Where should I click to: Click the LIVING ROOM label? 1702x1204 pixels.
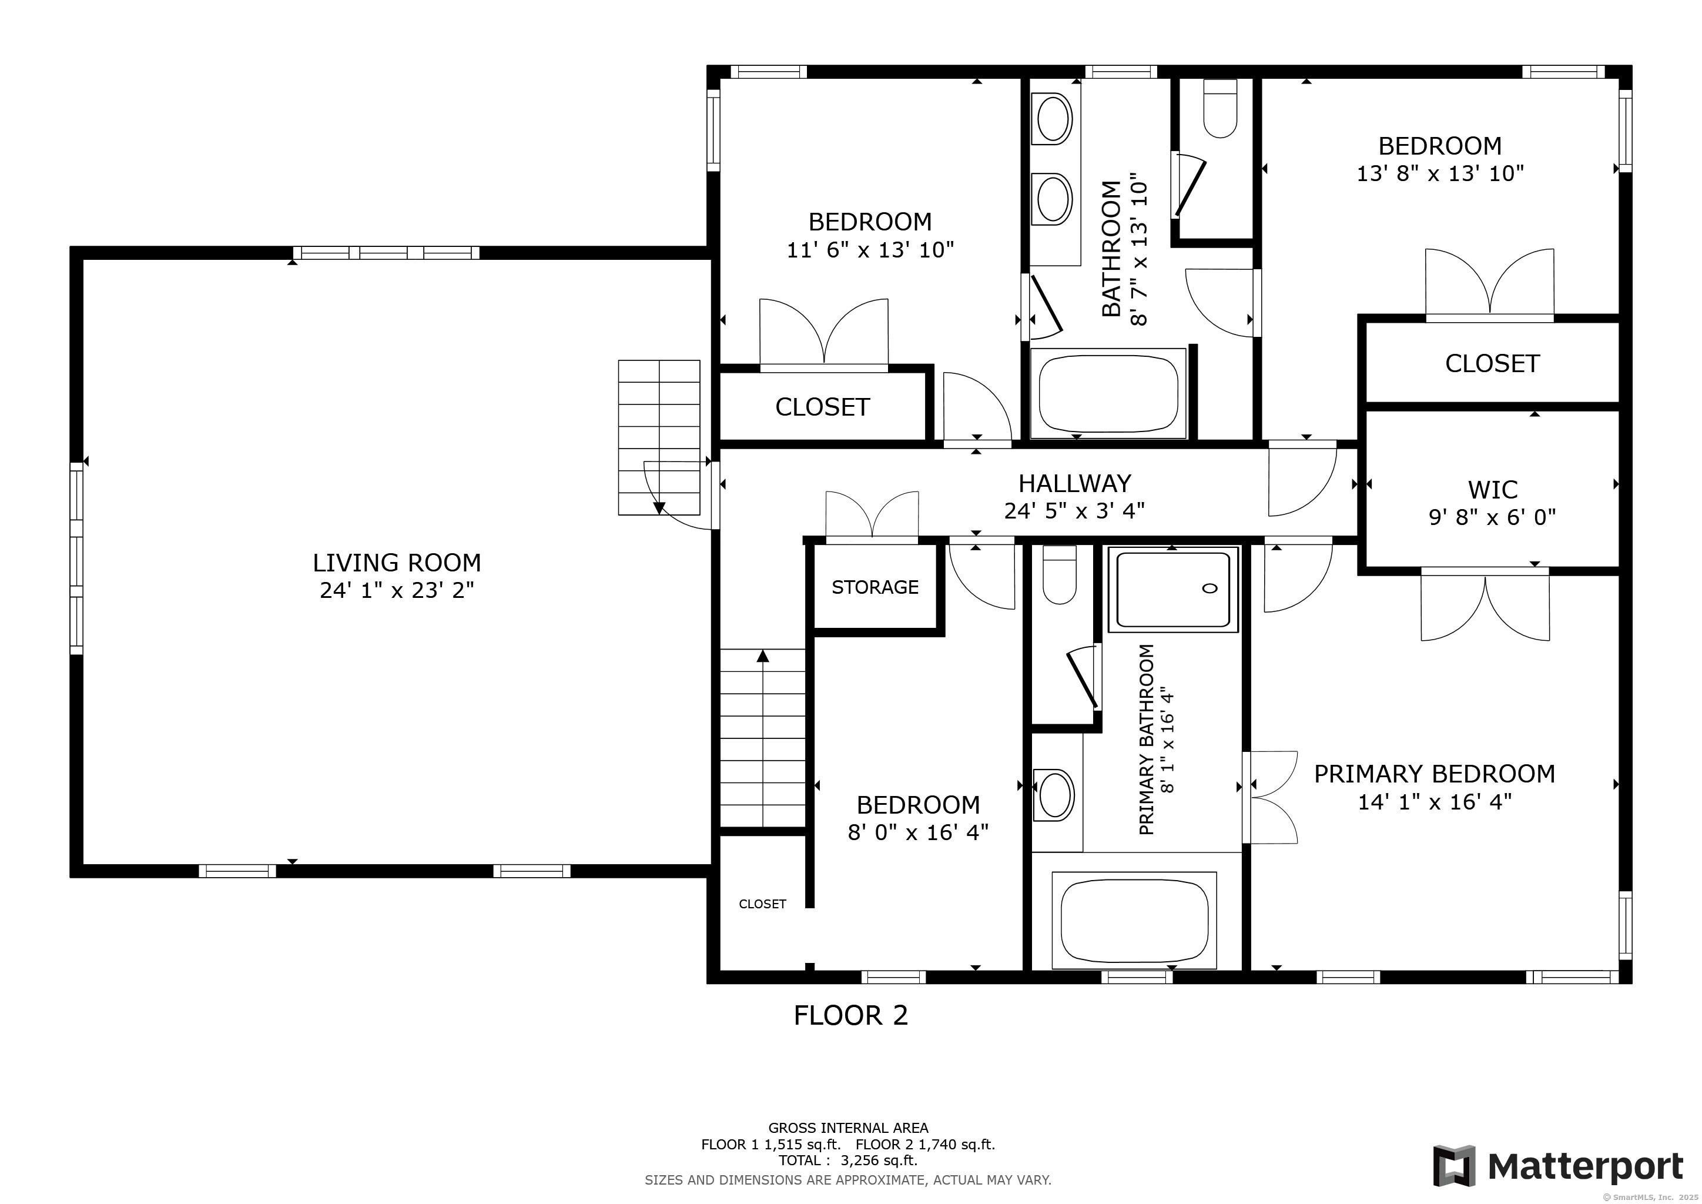397,563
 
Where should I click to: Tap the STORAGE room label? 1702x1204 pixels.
875,587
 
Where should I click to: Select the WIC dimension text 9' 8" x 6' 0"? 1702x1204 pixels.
1492,517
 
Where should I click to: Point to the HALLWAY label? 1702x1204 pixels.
1075,483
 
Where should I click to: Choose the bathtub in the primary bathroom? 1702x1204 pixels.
1134,919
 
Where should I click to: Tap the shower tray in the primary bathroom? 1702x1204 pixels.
1172,590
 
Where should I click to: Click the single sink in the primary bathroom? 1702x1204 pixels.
1056,795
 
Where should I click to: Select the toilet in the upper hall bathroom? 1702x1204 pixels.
1220,108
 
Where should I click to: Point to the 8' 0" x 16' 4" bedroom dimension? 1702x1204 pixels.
919,832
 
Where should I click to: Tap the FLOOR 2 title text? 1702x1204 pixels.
851,1016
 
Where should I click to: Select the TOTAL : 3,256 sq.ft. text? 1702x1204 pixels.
848,1161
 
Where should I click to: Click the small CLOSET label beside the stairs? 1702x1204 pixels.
762,904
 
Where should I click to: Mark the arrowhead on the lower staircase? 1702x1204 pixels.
763,656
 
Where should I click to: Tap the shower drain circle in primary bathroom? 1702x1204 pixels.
1209,588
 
